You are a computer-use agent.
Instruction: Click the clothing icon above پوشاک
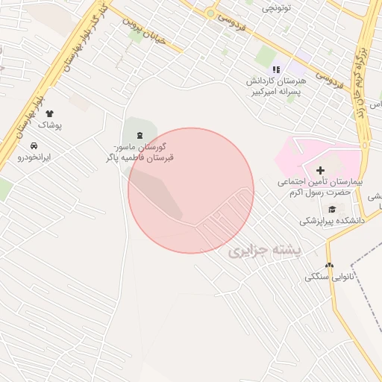tap(50, 113)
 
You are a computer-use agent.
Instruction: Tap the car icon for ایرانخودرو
tap(34, 145)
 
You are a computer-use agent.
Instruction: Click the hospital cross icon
tap(321, 171)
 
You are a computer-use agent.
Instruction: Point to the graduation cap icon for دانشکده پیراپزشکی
tap(331, 208)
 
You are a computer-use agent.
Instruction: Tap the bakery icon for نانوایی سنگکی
tap(329, 265)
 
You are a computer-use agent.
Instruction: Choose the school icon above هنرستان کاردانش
tap(276, 70)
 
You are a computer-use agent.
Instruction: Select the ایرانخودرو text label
tap(35, 157)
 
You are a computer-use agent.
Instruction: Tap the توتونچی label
tap(277, 8)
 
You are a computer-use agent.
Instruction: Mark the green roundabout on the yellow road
tap(211, 13)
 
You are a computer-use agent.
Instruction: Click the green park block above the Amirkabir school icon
tap(266, 55)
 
